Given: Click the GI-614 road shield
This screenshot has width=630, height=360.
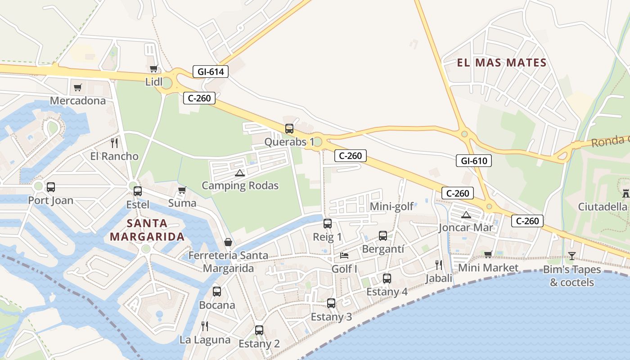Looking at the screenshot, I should click(x=211, y=71).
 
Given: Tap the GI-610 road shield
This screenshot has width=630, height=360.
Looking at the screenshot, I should click(x=474, y=161).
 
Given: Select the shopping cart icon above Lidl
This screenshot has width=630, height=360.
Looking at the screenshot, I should click(x=153, y=69).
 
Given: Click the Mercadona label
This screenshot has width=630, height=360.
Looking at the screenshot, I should click(x=77, y=100).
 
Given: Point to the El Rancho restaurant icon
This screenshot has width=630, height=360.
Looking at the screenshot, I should click(x=114, y=143).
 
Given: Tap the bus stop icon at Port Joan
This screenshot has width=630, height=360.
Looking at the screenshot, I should click(x=51, y=187).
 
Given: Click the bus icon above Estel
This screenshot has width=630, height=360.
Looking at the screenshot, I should click(x=138, y=191).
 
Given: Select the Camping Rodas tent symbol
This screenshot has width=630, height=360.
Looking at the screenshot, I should click(x=240, y=173).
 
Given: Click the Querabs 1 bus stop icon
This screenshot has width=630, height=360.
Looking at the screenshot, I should click(x=289, y=129).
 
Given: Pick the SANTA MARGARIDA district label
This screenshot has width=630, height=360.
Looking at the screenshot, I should click(x=147, y=230).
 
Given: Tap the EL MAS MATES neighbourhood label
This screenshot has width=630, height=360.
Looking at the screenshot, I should click(x=502, y=63).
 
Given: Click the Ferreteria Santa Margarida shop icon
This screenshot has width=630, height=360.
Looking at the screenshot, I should click(x=228, y=242).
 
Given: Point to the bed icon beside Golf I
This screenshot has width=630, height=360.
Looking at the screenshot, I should click(x=344, y=256).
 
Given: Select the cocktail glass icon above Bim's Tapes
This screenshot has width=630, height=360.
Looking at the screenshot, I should click(x=571, y=256).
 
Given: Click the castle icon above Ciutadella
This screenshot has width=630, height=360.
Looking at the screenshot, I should click(x=625, y=193).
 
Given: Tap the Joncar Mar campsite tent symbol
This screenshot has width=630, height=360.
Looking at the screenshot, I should click(x=466, y=215).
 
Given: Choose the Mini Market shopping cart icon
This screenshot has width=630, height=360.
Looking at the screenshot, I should click(x=488, y=255).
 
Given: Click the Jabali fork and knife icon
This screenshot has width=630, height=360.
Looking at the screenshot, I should click(x=439, y=265).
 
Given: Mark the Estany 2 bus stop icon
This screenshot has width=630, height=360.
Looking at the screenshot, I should click(x=259, y=330).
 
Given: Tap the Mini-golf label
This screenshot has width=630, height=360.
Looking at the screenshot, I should click(x=391, y=207).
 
